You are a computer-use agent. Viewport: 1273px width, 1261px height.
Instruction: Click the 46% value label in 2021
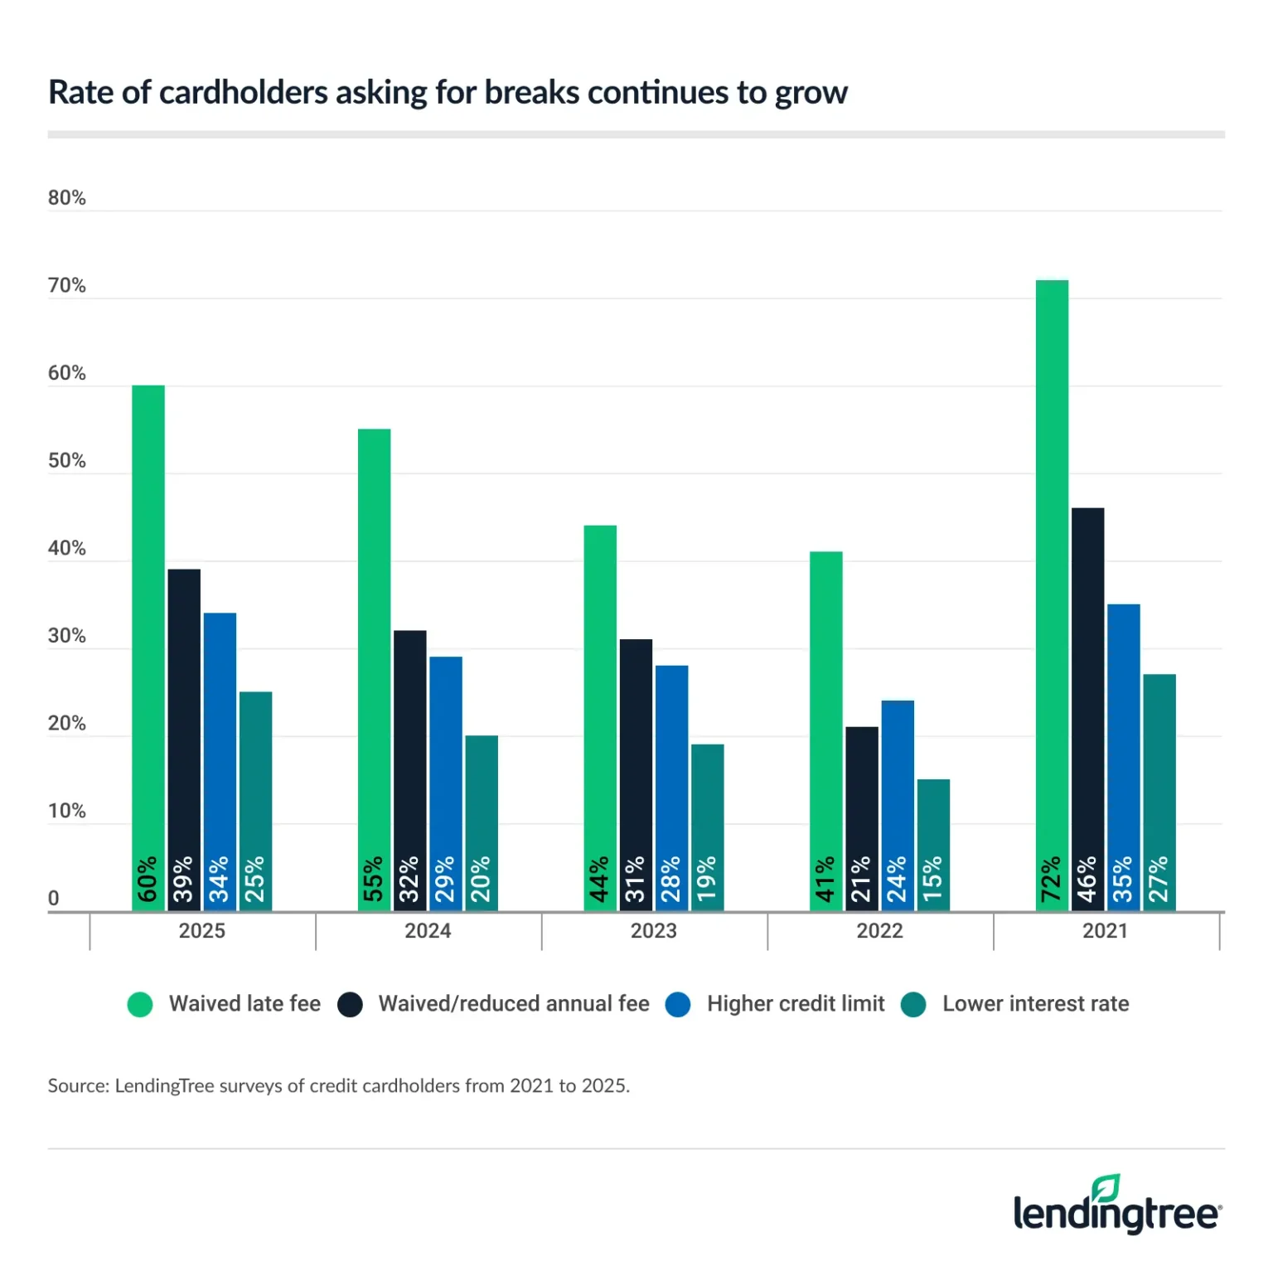pos(1087,880)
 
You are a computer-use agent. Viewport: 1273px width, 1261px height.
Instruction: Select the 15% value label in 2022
pos(933,880)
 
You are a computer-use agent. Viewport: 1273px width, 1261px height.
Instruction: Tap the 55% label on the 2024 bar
pos(374,880)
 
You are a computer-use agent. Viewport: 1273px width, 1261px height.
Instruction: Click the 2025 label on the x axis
pos(202,931)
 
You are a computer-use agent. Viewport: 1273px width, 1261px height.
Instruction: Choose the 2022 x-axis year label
pos(879,931)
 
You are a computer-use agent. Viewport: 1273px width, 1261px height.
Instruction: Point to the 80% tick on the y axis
pos(67,198)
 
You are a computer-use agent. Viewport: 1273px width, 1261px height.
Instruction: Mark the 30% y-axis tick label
pos(67,636)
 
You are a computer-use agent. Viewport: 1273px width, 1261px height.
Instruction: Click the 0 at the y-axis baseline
pos(54,899)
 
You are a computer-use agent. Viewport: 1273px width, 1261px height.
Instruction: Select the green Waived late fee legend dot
pos(140,1004)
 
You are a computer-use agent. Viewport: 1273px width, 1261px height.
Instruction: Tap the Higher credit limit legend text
pos(796,1004)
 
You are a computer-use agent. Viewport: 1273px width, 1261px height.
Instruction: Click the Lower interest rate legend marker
pos(913,1004)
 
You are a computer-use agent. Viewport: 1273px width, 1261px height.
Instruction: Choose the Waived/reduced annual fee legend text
pos(514,1004)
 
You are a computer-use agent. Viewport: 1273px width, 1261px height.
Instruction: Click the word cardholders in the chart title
pos(244,93)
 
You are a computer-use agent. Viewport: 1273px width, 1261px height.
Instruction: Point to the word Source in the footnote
pos(77,1086)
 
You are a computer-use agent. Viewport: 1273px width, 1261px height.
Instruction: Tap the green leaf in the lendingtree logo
pos(1106,1188)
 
